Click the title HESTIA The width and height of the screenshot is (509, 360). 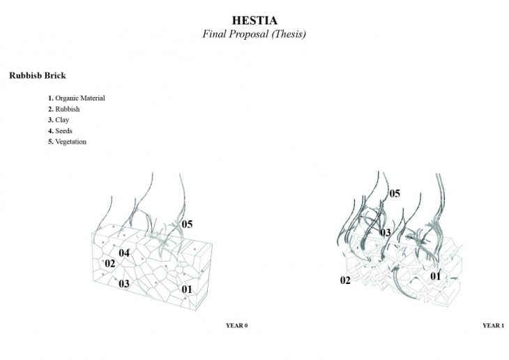point(254,20)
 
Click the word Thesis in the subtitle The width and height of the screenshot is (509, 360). point(289,34)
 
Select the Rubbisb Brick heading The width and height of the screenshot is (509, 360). point(38,75)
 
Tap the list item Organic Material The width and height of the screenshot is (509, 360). point(77,98)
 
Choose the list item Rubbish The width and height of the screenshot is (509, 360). point(64,109)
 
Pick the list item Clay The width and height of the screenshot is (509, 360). point(59,120)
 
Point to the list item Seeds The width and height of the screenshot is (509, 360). point(60,131)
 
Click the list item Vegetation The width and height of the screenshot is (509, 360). point(67,142)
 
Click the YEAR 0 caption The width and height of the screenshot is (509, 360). point(236,325)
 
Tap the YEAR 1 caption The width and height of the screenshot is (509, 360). point(494,325)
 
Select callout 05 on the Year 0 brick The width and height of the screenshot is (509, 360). point(187,224)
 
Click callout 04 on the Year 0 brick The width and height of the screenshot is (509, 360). point(124,253)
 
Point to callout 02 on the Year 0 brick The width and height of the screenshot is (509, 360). point(110,264)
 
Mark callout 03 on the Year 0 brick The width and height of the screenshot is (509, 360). point(124,284)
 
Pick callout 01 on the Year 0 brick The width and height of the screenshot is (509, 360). point(187,289)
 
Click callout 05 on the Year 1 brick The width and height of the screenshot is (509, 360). point(395,194)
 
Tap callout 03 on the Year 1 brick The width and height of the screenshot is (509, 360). point(386,232)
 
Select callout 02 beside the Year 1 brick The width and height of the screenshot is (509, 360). point(345,280)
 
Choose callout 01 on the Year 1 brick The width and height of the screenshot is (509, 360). point(436,276)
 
